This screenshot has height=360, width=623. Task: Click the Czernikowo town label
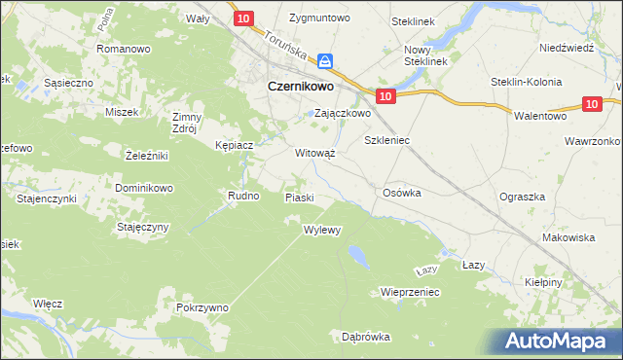click(x=301, y=86)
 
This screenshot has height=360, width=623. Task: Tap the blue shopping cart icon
click(x=327, y=60)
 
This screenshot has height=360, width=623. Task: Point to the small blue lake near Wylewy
click(x=358, y=255)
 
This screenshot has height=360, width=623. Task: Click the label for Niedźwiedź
click(x=566, y=48)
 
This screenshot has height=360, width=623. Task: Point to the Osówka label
click(x=402, y=193)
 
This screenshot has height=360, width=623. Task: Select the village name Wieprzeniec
click(x=412, y=291)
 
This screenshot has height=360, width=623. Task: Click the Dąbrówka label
click(x=366, y=337)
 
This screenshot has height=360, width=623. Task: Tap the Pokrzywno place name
click(x=202, y=307)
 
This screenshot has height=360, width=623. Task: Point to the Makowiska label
click(x=568, y=237)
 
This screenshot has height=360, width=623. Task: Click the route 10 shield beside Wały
click(x=244, y=18)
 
